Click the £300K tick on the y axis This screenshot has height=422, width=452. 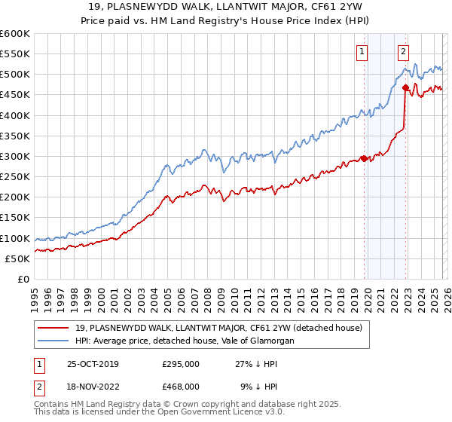point(14,156)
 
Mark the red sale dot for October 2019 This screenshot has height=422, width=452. point(363,158)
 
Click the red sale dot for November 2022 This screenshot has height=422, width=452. point(405,87)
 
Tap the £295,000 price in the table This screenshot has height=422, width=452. point(181,364)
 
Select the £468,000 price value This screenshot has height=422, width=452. point(181,386)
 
